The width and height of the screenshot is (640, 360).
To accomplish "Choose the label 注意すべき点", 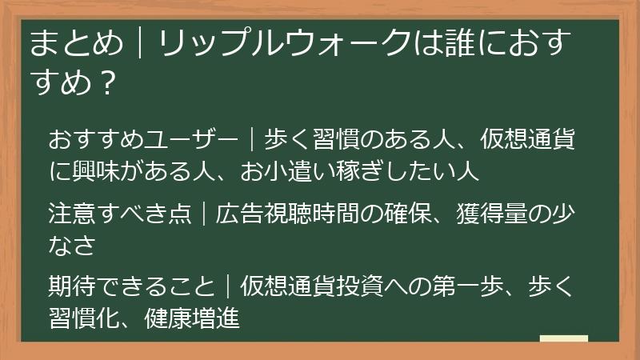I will [120, 215].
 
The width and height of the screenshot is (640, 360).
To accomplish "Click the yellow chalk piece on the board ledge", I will [563, 338].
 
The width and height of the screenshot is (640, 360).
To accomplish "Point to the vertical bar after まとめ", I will [141, 44].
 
